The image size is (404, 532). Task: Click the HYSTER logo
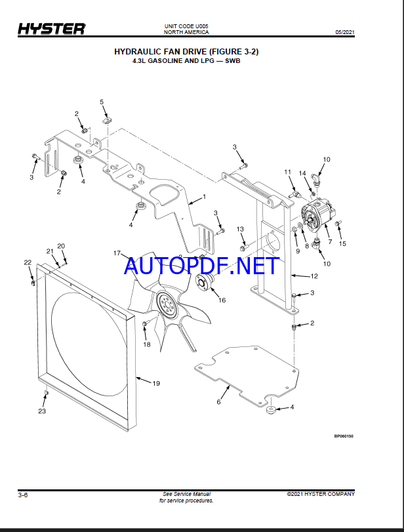52,29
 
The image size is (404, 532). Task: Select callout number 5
102,102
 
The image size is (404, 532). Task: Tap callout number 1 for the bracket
204,196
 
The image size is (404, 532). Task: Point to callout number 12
314,276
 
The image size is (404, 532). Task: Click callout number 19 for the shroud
156,383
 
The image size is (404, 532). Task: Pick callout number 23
42,411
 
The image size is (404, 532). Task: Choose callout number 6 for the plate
219,401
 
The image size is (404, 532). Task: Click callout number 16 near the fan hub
222,300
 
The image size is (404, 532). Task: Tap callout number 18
146,344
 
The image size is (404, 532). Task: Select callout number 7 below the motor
330,242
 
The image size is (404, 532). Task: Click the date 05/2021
345,32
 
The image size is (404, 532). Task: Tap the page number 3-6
23,495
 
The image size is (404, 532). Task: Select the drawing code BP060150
344,436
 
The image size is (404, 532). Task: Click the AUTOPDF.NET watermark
202,266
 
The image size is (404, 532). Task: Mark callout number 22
28,262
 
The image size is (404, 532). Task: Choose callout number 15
342,243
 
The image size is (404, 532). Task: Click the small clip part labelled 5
107,120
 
